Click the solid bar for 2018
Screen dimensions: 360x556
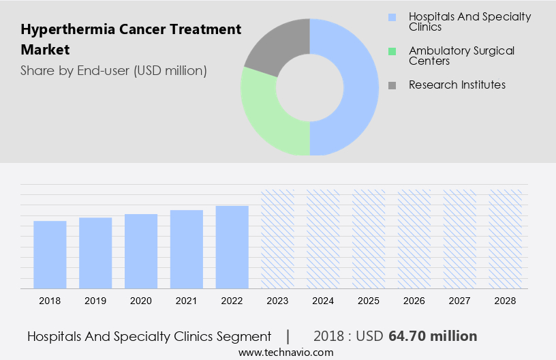click(x=50, y=254)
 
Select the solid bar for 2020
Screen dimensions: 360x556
click(x=141, y=251)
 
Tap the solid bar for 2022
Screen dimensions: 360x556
click(x=232, y=247)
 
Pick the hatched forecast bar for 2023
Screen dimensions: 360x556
click(x=278, y=239)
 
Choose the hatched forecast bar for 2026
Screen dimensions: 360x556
click(x=414, y=239)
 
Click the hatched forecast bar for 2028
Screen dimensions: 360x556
click(x=506, y=239)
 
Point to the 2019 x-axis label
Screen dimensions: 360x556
click(x=95, y=301)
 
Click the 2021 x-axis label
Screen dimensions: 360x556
click(x=187, y=301)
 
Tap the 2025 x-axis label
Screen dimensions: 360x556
click(x=369, y=301)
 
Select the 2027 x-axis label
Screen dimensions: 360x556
click(x=460, y=301)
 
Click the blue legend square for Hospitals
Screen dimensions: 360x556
click(x=391, y=17)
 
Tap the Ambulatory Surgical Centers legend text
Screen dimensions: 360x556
click(x=461, y=56)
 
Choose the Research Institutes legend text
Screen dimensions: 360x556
click(x=457, y=85)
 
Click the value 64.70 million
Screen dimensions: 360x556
click(x=433, y=336)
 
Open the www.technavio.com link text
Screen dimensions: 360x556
click(x=286, y=352)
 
